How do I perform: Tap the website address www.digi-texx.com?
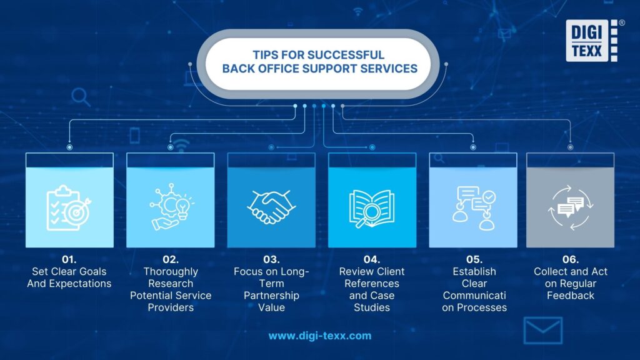point(319,336)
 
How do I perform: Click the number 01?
point(69,259)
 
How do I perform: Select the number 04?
point(372,259)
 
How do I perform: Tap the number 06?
point(570,259)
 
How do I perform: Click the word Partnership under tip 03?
point(271,295)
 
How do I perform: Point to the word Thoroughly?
point(171,271)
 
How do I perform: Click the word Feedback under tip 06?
point(570,295)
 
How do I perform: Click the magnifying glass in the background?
point(81,96)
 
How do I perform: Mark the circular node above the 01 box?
point(69,147)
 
